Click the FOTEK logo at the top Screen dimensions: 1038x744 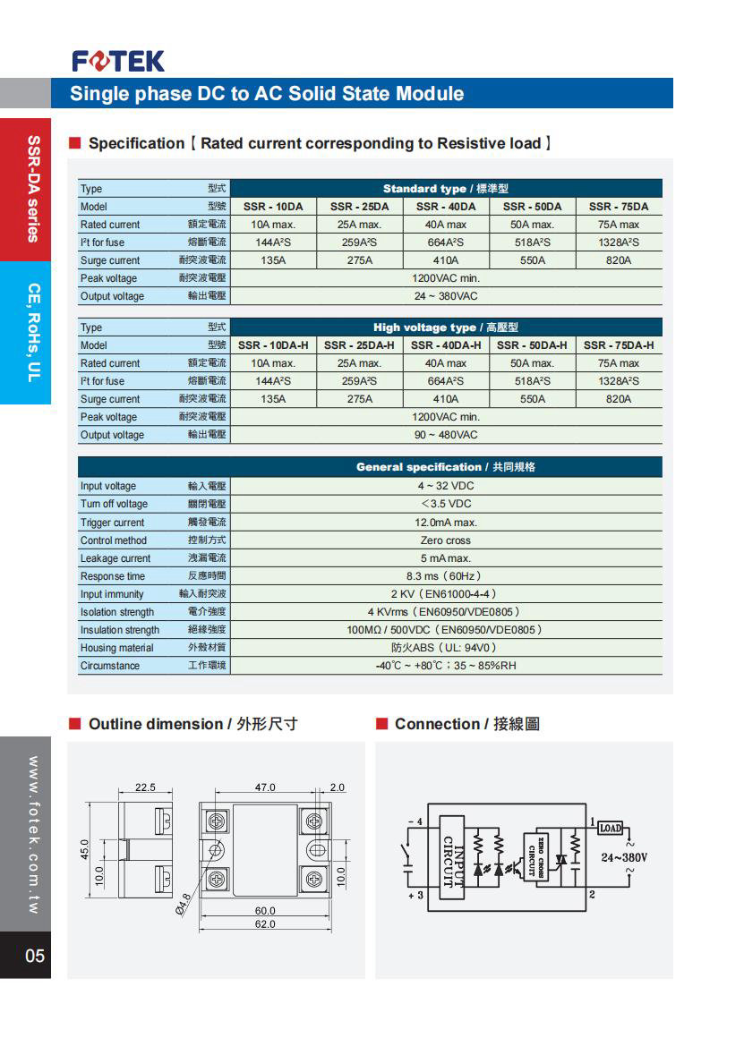click(118, 61)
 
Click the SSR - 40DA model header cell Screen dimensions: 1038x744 click(445, 207)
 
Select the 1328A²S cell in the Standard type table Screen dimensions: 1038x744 click(618, 242)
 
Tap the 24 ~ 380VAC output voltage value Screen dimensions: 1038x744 click(445, 296)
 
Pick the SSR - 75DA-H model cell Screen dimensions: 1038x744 click(618, 345)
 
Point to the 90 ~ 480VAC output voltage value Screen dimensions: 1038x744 click(445, 435)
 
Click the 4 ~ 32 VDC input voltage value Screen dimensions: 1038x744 click(445, 486)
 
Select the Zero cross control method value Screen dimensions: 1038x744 click(445, 540)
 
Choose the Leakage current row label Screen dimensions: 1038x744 click(115, 558)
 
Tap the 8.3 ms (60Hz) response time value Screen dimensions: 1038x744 click(445, 576)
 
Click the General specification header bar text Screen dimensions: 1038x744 click(445, 467)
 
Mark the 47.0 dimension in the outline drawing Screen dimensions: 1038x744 click(266, 787)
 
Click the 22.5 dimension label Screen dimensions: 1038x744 click(145, 787)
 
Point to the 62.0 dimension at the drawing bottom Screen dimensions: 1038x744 click(265, 923)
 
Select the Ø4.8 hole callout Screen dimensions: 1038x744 click(183, 914)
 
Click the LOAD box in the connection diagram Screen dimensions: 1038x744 click(610, 828)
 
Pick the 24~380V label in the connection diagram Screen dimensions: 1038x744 click(624, 857)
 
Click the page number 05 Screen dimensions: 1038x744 click(34, 956)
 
